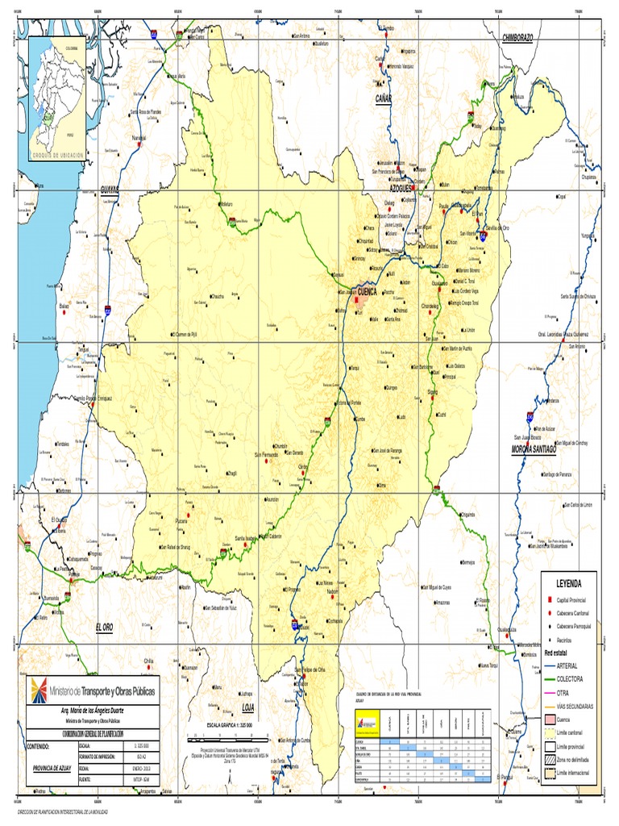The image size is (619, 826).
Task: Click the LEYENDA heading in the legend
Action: coord(567,582)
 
